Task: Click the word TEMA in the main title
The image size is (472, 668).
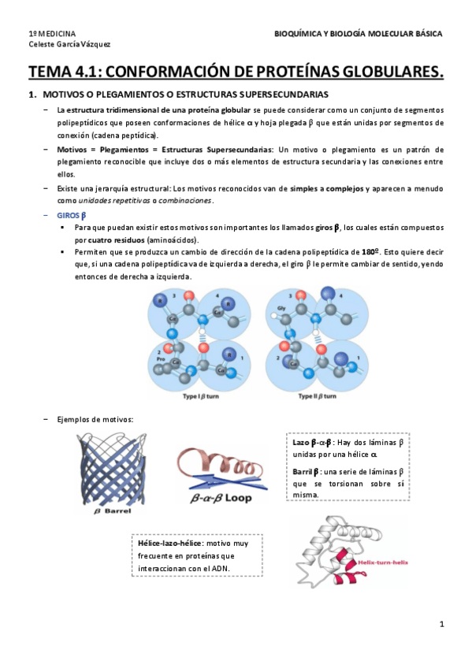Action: click(49, 73)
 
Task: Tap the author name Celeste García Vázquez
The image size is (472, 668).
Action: click(69, 44)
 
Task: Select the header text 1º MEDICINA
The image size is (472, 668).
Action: click(52, 34)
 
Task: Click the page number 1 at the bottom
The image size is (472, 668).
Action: click(442, 624)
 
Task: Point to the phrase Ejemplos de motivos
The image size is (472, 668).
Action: click(95, 419)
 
